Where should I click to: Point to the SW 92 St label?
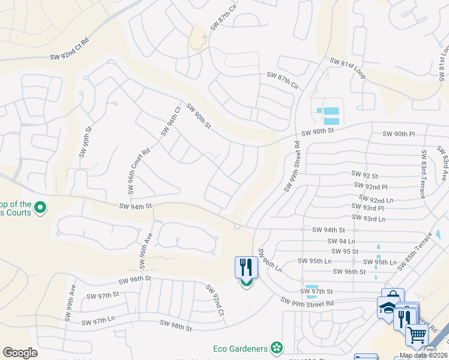tap(364, 176)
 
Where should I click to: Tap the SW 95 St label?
tap(345, 251)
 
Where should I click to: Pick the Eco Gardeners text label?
tap(240, 347)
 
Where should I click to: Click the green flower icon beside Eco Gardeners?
tap(276, 347)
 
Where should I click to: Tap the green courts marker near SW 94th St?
tap(40, 208)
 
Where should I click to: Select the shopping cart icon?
tap(417, 334)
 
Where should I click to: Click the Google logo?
tap(20, 352)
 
